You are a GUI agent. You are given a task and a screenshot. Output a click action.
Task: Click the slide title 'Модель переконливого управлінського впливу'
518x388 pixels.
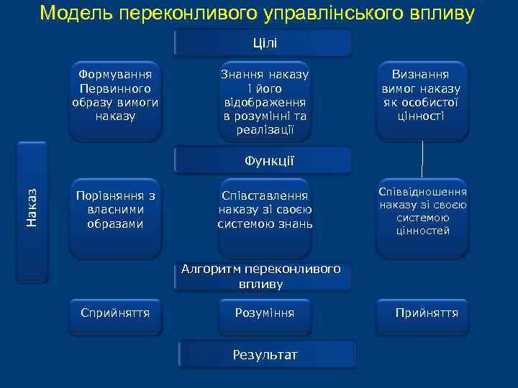click(258, 14)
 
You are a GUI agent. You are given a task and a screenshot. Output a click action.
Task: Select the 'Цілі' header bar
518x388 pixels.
click(264, 43)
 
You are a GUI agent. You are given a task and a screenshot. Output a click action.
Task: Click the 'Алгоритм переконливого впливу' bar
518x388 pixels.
click(260, 277)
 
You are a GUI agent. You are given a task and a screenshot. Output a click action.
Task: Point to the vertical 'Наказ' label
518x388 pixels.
click(32, 208)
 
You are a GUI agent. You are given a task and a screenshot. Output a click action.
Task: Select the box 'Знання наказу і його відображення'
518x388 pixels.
click(265, 101)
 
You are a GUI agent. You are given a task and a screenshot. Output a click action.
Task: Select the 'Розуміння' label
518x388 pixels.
click(265, 313)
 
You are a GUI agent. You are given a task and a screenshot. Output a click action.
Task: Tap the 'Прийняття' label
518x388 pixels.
click(427, 313)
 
